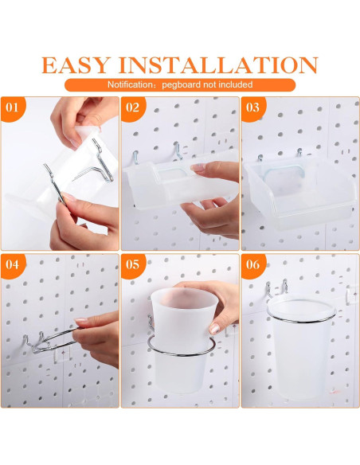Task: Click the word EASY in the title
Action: click(76, 65)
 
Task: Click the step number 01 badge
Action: click(13, 108)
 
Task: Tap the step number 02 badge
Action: click(132, 108)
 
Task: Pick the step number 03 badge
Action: click(252, 108)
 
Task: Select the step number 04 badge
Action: click(13, 265)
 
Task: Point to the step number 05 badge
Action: click(132, 265)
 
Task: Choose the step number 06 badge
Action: click(252, 265)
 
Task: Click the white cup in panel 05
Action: click(181, 339)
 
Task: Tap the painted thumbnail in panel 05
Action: click(214, 329)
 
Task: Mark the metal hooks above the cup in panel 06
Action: click(276, 287)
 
